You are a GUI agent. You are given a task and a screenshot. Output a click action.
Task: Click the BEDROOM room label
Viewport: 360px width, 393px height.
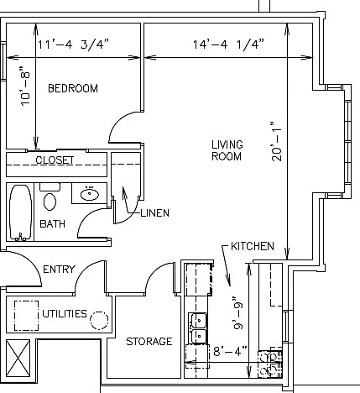pos(73,88)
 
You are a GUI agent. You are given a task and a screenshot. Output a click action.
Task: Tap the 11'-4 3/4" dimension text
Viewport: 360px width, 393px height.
pos(72,45)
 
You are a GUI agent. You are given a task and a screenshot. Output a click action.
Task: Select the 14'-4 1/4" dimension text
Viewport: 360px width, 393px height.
pos(228,45)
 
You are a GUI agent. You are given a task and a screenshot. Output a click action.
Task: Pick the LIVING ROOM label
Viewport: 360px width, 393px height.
pos(227,150)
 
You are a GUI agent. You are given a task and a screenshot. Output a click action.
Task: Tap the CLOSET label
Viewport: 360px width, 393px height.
pos(55,160)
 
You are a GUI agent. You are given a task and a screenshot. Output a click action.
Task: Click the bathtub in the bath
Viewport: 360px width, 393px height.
pos(21,212)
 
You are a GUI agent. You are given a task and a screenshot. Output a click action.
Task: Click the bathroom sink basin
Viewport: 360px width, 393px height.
pos(90,195)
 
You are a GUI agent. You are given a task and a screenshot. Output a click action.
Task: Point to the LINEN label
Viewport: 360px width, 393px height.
pos(154,213)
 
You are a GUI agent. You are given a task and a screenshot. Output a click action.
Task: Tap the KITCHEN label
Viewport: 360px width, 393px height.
pos(253,246)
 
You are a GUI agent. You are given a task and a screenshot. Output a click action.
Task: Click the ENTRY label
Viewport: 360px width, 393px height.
pos(59,270)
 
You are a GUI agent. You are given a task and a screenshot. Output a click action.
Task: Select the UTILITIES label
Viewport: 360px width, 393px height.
pos(65,314)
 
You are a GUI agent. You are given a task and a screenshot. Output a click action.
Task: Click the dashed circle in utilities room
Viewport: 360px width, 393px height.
pos(99,320)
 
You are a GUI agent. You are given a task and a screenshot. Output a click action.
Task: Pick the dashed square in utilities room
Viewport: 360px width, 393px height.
pos(26,316)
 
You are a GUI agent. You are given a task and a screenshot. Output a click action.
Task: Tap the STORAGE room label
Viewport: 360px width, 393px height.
pos(149,342)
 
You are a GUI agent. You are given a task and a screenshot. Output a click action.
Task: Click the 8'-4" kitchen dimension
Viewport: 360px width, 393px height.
pos(230,351)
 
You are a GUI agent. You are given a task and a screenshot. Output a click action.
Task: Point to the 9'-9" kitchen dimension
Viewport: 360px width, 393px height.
pos(238,313)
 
